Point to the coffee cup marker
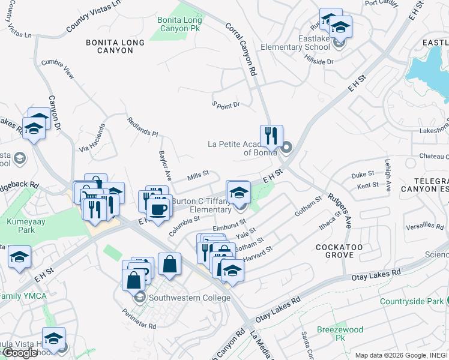click(x=158, y=209)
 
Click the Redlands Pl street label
click(x=142, y=127)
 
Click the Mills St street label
click(x=197, y=175)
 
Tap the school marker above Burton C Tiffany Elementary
click(x=239, y=192)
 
